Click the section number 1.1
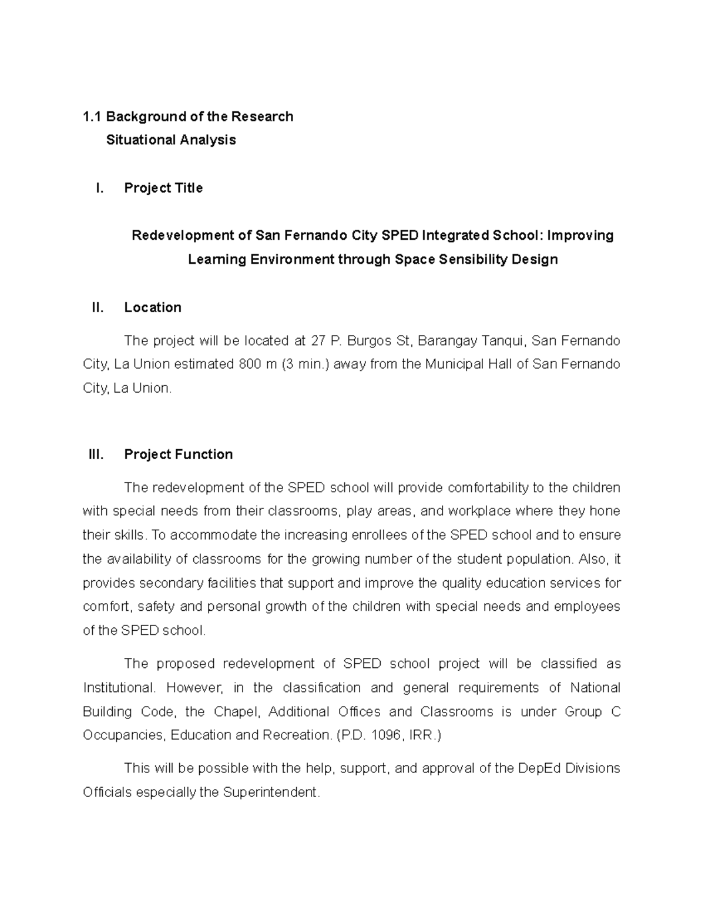[92, 116]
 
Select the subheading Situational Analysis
[171, 140]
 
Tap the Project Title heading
[163, 188]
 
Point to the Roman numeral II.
[98, 307]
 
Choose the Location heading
[153, 307]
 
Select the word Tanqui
[503, 341]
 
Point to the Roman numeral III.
[96, 454]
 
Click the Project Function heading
[179, 454]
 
